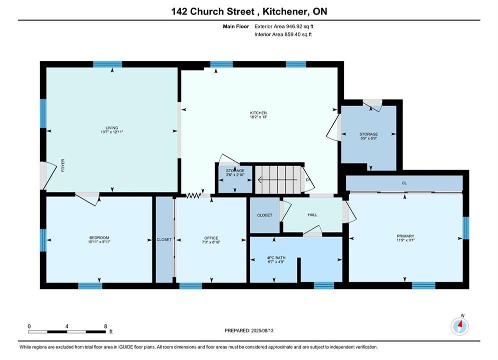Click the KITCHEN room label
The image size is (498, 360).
(258, 113)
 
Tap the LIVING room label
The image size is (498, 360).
(112, 128)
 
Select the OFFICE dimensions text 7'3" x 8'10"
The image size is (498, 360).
(211, 242)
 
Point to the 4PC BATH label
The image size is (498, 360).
(276, 258)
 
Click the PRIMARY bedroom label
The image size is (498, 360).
(405, 236)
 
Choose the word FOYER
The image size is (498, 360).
(63, 165)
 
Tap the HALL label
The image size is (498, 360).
(312, 214)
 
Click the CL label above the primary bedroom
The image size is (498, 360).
(404, 183)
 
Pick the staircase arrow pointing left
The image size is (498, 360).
(278, 180)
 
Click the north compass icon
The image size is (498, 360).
(459, 326)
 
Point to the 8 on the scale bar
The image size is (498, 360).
(106, 326)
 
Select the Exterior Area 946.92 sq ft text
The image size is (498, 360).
(284, 26)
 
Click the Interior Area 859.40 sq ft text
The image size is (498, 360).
(283, 34)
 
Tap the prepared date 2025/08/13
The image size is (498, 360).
(262, 330)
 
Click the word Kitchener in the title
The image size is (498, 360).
(285, 11)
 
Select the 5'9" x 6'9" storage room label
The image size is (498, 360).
(369, 138)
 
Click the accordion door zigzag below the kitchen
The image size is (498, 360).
(194, 195)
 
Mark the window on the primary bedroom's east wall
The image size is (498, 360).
(465, 227)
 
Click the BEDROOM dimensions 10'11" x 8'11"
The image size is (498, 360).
(99, 241)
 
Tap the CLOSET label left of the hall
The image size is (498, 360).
(265, 215)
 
